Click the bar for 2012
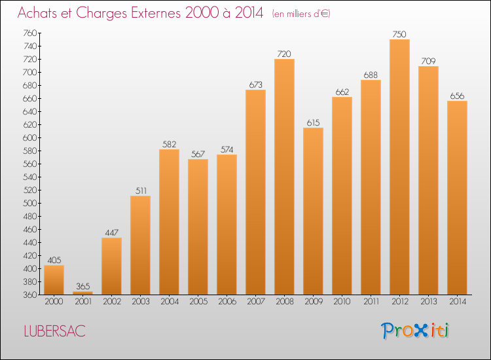click(x=399, y=167)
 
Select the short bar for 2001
click(x=82, y=293)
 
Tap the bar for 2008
click(x=284, y=177)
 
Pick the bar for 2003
click(x=140, y=245)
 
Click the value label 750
click(x=399, y=34)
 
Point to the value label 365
click(x=83, y=286)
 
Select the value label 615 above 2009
click(x=313, y=122)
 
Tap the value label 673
click(x=256, y=84)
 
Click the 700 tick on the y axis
click(x=30, y=72)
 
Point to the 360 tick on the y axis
click(x=30, y=295)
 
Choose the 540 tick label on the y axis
click(x=30, y=177)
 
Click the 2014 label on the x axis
click(x=458, y=302)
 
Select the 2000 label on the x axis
click(x=54, y=302)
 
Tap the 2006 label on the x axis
click(x=227, y=302)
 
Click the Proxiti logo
click(x=415, y=331)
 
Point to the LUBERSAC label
click(x=54, y=331)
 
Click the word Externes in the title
click(x=156, y=12)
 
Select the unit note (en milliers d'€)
click(x=301, y=14)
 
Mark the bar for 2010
click(x=342, y=196)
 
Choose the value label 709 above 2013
click(x=428, y=61)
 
